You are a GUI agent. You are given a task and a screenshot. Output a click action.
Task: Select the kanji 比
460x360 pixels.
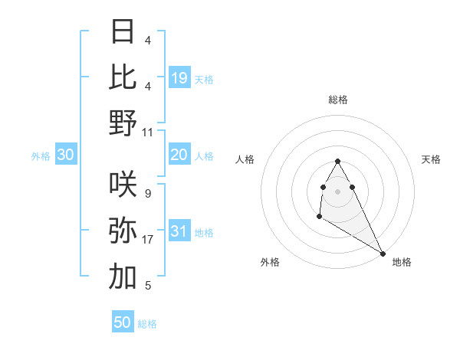tap(123, 77)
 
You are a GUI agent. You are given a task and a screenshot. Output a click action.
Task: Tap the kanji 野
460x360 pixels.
tap(123, 123)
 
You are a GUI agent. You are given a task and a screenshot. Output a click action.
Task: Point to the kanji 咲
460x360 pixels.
tap(123, 184)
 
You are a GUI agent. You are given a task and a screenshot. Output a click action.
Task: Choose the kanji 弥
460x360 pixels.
tap(123, 231)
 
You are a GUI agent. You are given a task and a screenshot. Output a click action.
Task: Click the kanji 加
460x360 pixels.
tap(123, 277)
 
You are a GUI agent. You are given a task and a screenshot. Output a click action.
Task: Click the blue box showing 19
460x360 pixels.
tap(179, 77)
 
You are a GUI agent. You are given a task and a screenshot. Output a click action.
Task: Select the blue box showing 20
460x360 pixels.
tap(179, 155)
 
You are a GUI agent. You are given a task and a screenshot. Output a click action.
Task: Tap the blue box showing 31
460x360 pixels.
tap(179, 232)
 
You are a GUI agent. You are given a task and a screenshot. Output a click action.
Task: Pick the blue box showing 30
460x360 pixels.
tap(66, 155)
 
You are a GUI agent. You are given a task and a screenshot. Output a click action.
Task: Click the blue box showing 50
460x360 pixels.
tap(123, 322)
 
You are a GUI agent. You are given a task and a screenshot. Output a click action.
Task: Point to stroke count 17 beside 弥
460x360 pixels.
tap(148, 240)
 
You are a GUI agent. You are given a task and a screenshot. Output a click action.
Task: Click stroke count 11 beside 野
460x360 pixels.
tap(148, 132)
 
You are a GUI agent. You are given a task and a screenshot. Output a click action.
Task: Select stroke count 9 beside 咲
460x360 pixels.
tap(148, 194)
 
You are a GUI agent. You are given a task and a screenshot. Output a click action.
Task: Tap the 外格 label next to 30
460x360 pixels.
tap(41, 156)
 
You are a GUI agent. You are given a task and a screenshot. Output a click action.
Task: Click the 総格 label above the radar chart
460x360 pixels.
tap(337, 100)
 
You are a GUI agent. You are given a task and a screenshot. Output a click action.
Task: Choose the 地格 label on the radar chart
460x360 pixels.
tap(402, 263)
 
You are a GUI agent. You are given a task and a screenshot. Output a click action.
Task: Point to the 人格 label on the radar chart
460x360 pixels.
tap(245, 159)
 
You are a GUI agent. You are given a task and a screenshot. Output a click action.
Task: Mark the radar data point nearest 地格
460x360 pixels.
tap(383, 254)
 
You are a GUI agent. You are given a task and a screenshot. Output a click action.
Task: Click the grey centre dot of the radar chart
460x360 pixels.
tap(337, 191)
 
